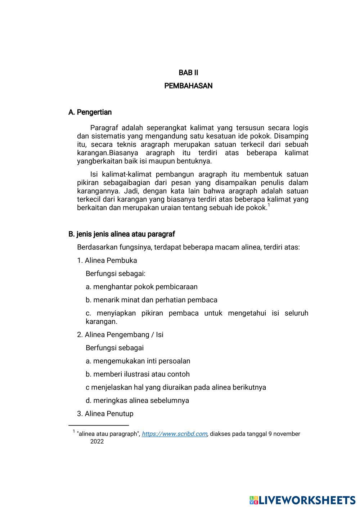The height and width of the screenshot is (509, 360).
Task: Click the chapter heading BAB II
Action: pyautogui.click(x=188, y=73)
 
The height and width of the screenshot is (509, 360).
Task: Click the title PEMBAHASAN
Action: pyautogui.click(x=188, y=86)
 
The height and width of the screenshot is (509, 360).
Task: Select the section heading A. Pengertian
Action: pyautogui.click(x=90, y=112)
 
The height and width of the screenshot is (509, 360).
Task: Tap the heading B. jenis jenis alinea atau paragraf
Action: pyautogui.click(x=122, y=234)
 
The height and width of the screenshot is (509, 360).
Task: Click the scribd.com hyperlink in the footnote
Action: pyautogui.click(x=174, y=434)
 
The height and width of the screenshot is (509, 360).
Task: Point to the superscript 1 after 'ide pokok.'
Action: pyautogui.click(x=269, y=206)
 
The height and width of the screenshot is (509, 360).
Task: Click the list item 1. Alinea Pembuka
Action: pyautogui.click(x=107, y=261)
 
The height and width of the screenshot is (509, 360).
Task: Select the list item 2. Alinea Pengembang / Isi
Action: pyautogui.click(x=120, y=335)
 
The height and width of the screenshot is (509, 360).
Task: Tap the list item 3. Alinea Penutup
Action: pyautogui.click(x=105, y=414)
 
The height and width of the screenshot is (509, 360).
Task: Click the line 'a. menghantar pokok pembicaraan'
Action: pyautogui.click(x=141, y=287)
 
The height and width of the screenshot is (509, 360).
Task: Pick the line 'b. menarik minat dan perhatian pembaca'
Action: pyautogui.click(x=151, y=300)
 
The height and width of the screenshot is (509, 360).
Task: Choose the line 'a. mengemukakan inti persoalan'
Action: pyautogui.click(x=138, y=361)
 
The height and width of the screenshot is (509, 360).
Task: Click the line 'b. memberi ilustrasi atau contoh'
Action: pyautogui.click(x=138, y=374)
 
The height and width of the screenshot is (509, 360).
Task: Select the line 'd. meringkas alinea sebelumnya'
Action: pyautogui.click(x=137, y=401)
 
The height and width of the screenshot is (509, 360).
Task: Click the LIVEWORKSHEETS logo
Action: pyautogui.click(x=302, y=500)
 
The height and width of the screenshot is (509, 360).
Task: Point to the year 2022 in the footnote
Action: pyautogui.click(x=97, y=442)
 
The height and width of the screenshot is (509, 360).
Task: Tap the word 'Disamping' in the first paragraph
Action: pyautogui.click(x=291, y=136)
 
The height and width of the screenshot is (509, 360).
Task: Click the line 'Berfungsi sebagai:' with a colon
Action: pyautogui.click(x=116, y=274)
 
